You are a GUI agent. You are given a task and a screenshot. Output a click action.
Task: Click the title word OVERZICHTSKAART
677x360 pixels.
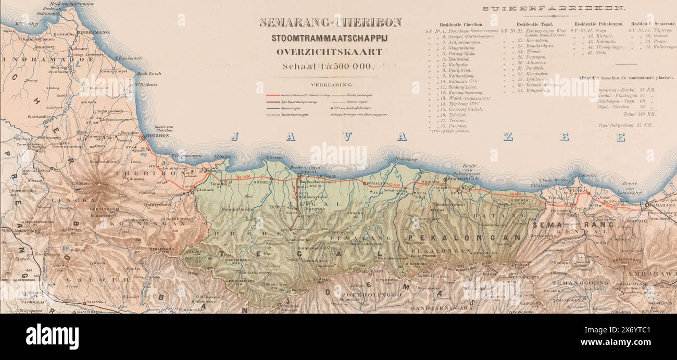pos(329,52)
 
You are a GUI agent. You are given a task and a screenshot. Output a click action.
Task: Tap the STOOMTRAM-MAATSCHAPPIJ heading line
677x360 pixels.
pos(330,38)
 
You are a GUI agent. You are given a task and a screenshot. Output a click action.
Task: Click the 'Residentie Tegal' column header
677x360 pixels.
pos(535,24)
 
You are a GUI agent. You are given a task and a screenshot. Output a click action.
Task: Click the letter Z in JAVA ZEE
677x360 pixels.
pos(508,137)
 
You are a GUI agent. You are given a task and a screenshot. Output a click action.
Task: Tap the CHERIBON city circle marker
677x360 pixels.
pos(143,137)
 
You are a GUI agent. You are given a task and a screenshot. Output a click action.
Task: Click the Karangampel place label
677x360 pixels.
pos(113,71)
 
